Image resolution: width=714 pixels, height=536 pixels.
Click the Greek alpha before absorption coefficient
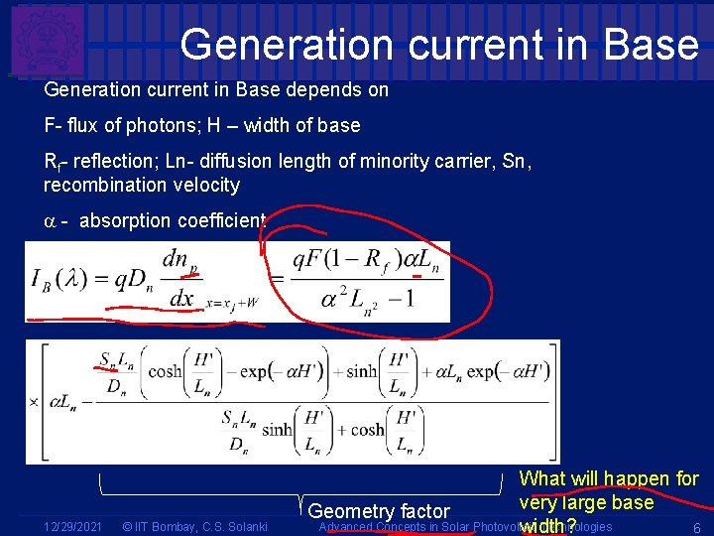(51, 220)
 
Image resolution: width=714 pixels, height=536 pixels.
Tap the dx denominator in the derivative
(182, 298)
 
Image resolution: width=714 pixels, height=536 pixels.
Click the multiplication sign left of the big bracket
(34, 402)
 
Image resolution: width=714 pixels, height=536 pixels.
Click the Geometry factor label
(379, 511)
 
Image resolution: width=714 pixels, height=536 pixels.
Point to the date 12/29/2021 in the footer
(71, 526)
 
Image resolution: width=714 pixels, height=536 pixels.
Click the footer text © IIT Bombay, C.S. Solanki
(193, 526)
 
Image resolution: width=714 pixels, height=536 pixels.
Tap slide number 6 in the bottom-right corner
(697, 527)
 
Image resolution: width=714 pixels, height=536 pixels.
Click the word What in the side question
(543, 478)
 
